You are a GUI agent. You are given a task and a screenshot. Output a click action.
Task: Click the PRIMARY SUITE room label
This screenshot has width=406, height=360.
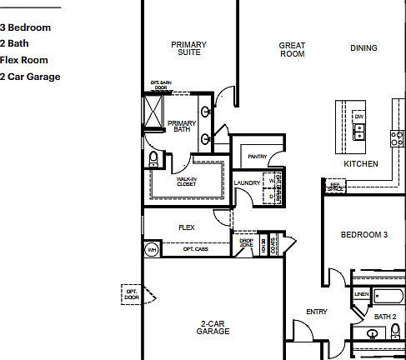click(188, 48)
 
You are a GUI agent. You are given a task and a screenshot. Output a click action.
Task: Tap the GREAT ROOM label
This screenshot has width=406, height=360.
click(292, 50)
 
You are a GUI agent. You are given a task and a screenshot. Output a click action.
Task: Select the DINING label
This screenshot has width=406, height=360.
click(363, 48)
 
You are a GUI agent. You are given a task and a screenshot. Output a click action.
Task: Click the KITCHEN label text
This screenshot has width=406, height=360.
click(361, 164)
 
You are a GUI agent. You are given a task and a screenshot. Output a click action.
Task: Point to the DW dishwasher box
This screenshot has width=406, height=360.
click(360, 115)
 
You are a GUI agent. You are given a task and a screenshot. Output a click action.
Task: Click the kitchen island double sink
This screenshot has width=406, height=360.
click(360, 131)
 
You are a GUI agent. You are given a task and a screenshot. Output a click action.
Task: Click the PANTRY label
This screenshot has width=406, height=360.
click(258, 156)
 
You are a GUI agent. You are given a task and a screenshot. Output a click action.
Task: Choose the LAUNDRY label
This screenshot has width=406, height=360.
click(247, 182)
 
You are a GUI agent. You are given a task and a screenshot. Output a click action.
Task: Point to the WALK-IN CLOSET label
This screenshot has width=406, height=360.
click(186, 181)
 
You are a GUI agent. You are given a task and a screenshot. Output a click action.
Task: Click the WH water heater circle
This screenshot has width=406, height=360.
click(152, 249)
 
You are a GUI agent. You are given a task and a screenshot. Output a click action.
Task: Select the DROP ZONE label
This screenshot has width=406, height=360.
click(246, 243)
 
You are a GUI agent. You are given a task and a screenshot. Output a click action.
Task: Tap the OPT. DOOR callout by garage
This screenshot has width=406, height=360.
click(132, 294)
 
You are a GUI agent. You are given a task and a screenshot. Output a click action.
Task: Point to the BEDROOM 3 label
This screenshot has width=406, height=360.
click(364, 235)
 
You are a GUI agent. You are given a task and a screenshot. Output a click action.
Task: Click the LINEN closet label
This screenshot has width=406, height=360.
click(361, 294)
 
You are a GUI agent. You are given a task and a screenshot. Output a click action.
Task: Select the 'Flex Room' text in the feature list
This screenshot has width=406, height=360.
click(24, 60)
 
